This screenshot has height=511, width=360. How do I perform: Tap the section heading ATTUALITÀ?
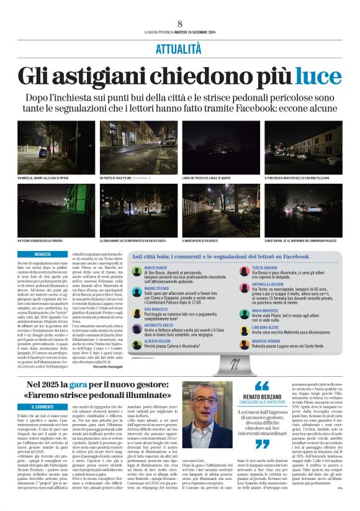pyautogui.click(x=179, y=47)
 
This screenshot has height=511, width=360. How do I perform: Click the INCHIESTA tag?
pyautogui.click(x=43, y=254)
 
